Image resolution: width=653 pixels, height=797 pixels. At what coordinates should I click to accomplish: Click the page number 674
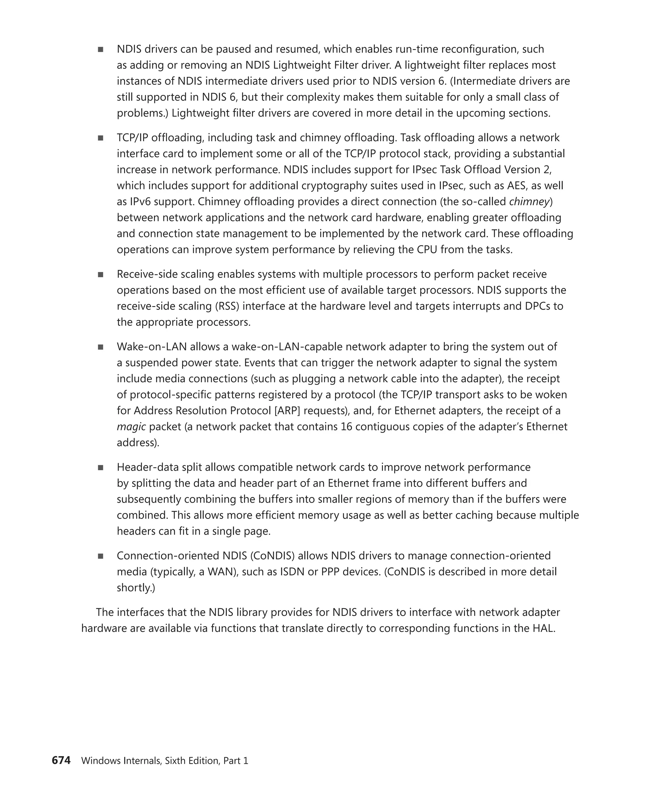61,760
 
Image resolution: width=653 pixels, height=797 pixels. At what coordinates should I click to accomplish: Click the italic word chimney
529,201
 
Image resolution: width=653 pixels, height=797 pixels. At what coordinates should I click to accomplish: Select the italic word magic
131,427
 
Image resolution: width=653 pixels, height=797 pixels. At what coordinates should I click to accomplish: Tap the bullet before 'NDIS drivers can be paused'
100,49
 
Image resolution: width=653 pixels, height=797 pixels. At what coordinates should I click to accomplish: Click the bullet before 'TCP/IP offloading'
100,138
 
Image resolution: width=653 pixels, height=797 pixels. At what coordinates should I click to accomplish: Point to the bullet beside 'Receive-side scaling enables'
100,274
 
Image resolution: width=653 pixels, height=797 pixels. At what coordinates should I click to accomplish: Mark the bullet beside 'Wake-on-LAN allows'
100,347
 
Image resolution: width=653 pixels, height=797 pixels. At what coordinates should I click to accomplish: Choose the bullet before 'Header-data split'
100,467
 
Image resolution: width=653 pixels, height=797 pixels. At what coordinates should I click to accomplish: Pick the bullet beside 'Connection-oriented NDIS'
100,556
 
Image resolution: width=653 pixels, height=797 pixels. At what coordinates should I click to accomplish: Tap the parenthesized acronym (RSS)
227,306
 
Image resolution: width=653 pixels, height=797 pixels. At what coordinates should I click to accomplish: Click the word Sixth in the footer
176,761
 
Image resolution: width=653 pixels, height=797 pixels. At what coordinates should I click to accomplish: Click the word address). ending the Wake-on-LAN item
138,443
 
